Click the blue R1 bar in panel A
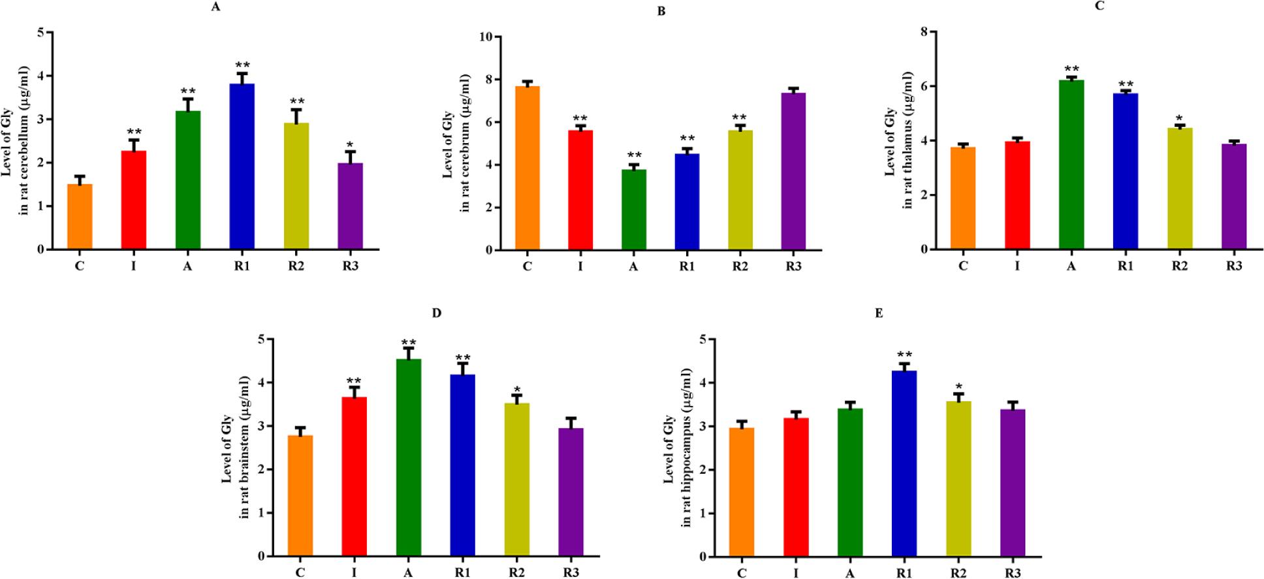(x=242, y=167)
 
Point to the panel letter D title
(x=437, y=313)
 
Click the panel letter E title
(x=879, y=313)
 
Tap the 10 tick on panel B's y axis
(x=485, y=37)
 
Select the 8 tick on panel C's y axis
(x=924, y=32)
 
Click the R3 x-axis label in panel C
(x=1233, y=266)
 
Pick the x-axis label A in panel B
(x=633, y=267)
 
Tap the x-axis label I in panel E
(x=796, y=574)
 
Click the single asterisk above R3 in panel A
(x=350, y=144)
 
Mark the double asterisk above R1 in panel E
(x=904, y=354)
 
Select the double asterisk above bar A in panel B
(x=633, y=156)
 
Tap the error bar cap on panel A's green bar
(x=188, y=99)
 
